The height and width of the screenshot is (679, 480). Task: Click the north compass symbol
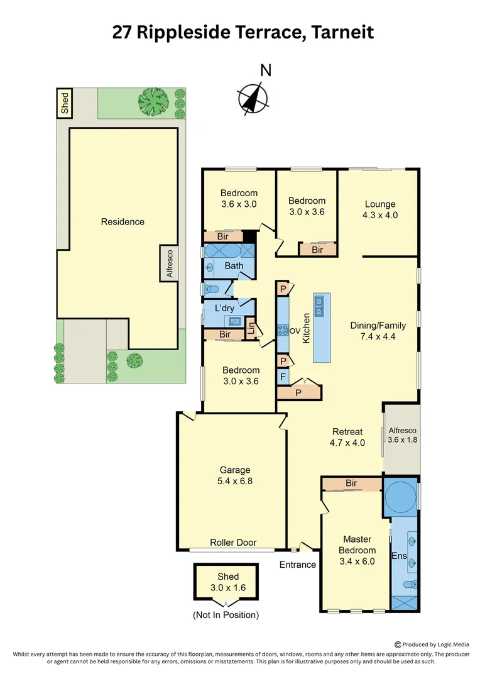pyautogui.click(x=254, y=97)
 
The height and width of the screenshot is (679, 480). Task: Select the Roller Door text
pyautogui.click(x=233, y=543)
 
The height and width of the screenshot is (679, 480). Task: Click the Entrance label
pyautogui.click(x=298, y=565)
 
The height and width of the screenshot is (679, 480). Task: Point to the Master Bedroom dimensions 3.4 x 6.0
pyautogui.click(x=357, y=561)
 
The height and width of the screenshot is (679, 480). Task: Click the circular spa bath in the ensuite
pyautogui.click(x=400, y=496)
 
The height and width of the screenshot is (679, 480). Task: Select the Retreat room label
pyautogui.click(x=347, y=431)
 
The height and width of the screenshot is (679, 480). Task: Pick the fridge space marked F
pyautogui.click(x=283, y=377)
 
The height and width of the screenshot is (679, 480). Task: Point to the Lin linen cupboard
pyautogui.click(x=251, y=328)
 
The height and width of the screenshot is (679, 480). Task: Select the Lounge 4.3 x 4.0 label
pyautogui.click(x=380, y=209)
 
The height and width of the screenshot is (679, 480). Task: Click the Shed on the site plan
pyautogui.click(x=64, y=102)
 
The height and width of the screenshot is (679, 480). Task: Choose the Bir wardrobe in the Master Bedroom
pyautogui.click(x=351, y=483)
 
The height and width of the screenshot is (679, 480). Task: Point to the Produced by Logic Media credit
pyautogui.click(x=434, y=644)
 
